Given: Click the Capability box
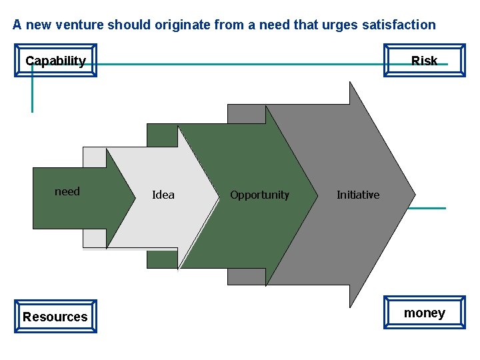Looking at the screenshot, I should pyautogui.click(x=55, y=61).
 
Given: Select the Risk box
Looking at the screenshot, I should pyautogui.click(x=424, y=61).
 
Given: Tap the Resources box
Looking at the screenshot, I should pyautogui.click(x=55, y=317).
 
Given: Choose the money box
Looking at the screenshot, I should pyautogui.click(x=424, y=313).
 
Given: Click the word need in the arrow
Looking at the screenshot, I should pyautogui.click(x=67, y=192).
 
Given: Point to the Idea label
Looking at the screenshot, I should pyautogui.click(x=163, y=195).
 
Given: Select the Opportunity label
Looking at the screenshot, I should pyautogui.click(x=259, y=195).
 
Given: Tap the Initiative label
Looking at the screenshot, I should pyautogui.click(x=358, y=195).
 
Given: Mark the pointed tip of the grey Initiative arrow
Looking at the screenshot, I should pyautogui.click(x=414, y=195).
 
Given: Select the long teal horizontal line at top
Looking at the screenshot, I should pyautogui.click(x=233, y=65).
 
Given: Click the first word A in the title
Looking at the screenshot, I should pyautogui.click(x=17, y=25).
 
